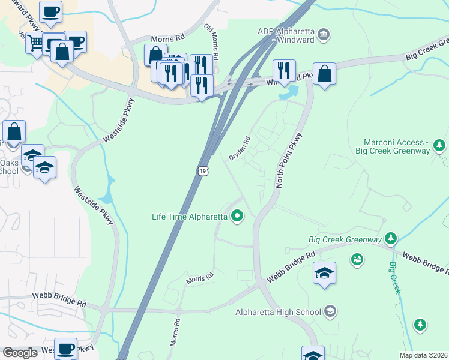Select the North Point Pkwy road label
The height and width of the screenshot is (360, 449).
click(288, 161)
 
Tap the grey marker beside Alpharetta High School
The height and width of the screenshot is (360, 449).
click(330, 311)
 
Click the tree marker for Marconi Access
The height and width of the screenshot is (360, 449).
click(439, 145)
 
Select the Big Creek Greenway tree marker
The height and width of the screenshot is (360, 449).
click(391, 239)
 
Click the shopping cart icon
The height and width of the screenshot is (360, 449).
click(35, 42)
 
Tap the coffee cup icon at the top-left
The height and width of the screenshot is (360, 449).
click(50, 11)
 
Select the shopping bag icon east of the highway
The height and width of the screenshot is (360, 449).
click(324, 74)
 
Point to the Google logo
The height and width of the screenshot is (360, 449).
click(20, 353)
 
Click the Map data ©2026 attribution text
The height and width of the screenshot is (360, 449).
click(423, 355)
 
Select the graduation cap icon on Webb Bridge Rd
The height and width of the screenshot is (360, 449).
click(324, 274)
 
